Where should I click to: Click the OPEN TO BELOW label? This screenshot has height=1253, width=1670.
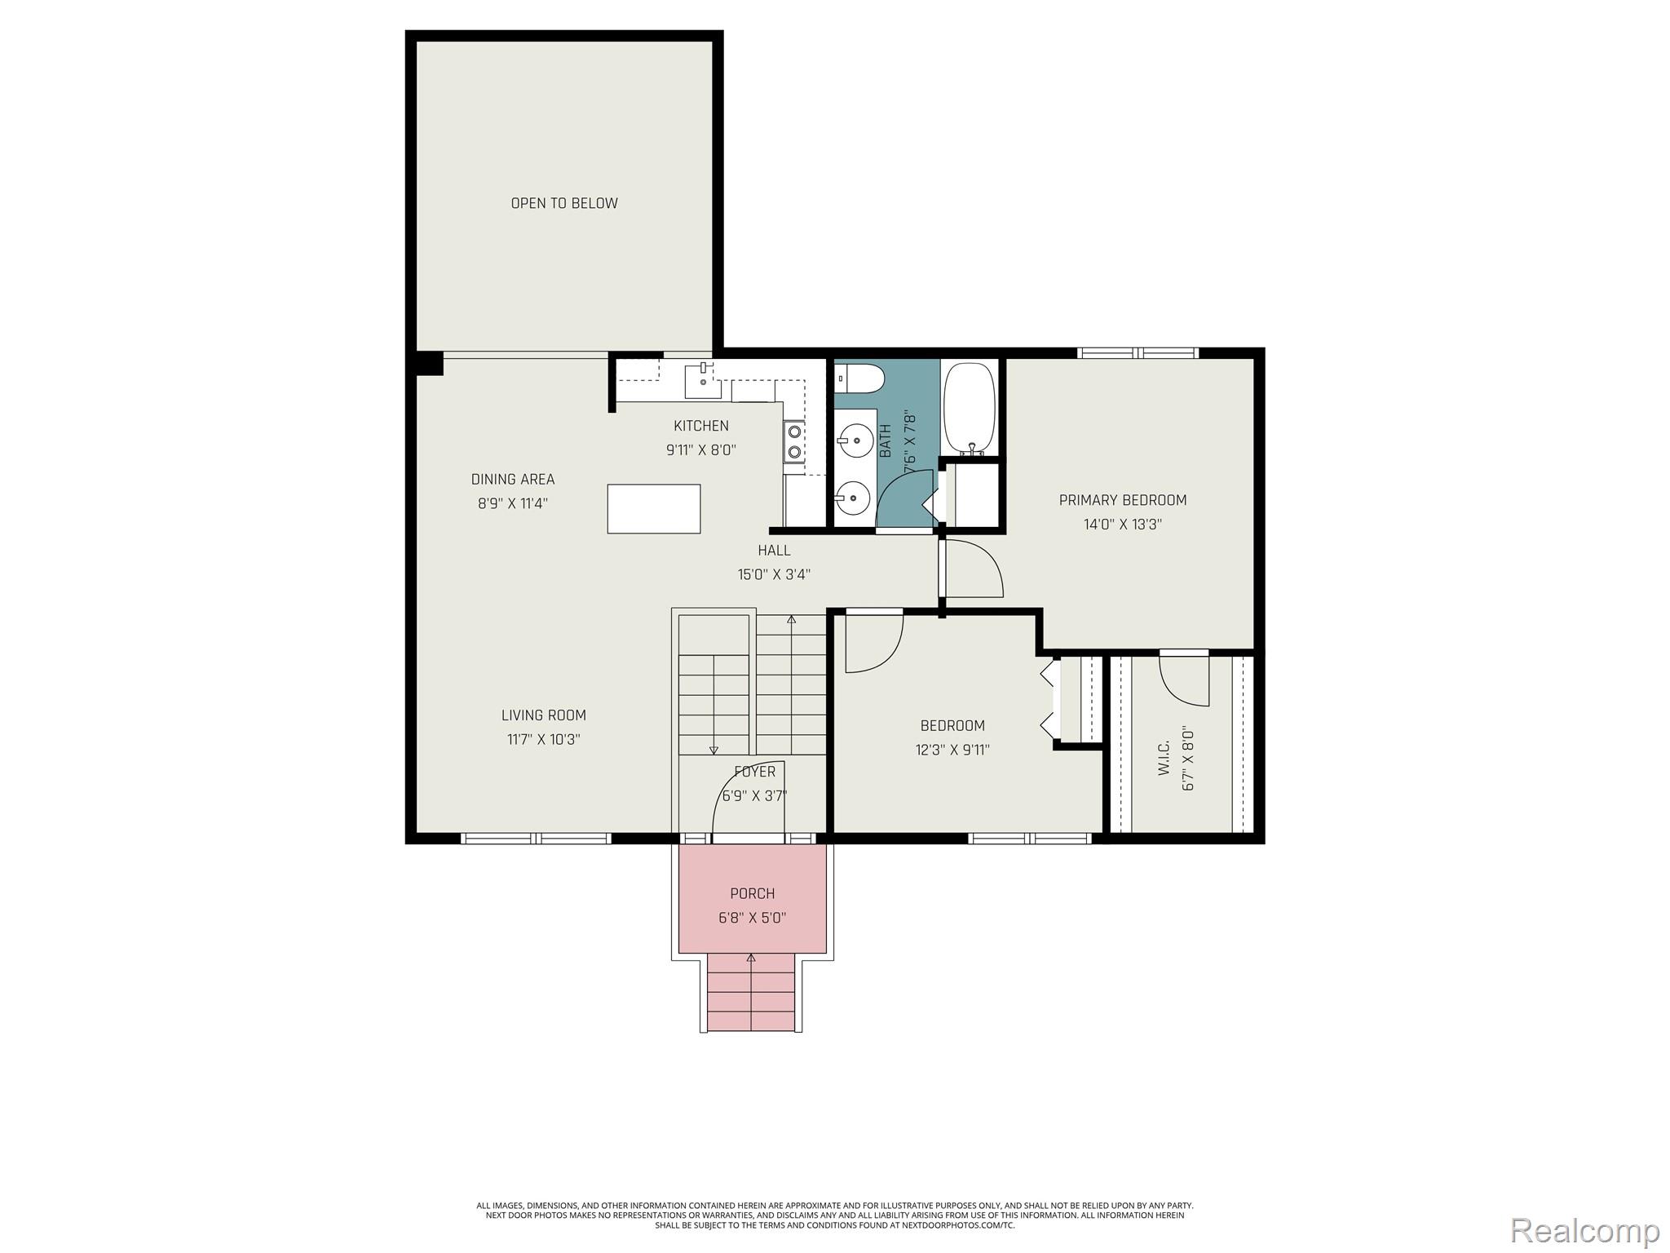tap(564, 203)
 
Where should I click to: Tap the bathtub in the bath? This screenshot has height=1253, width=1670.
tap(969, 407)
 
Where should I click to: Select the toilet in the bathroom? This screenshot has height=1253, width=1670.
tap(860, 379)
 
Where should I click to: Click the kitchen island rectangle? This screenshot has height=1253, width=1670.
tap(653, 508)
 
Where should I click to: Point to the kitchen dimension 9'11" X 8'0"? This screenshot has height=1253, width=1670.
tap(701, 449)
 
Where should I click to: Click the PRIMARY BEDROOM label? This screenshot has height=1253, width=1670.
tap(1122, 500)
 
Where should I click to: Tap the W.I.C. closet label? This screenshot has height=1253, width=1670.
tap(1164, 758)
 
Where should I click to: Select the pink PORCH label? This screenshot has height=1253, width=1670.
tap(752, 893)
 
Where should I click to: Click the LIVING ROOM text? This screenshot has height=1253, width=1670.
tap(543, 715)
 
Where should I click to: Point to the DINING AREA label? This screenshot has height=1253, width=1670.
tap(512, 479)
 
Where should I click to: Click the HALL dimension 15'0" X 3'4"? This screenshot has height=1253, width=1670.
tap(773, 574)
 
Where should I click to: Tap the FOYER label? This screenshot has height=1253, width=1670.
tap(754, 772)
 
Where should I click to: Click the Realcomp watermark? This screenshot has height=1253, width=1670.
tap(1584, 1230)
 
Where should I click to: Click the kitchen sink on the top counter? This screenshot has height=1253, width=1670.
tap(702, 380)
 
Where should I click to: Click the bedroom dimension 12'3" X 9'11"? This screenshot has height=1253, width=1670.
tap(952, 750)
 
